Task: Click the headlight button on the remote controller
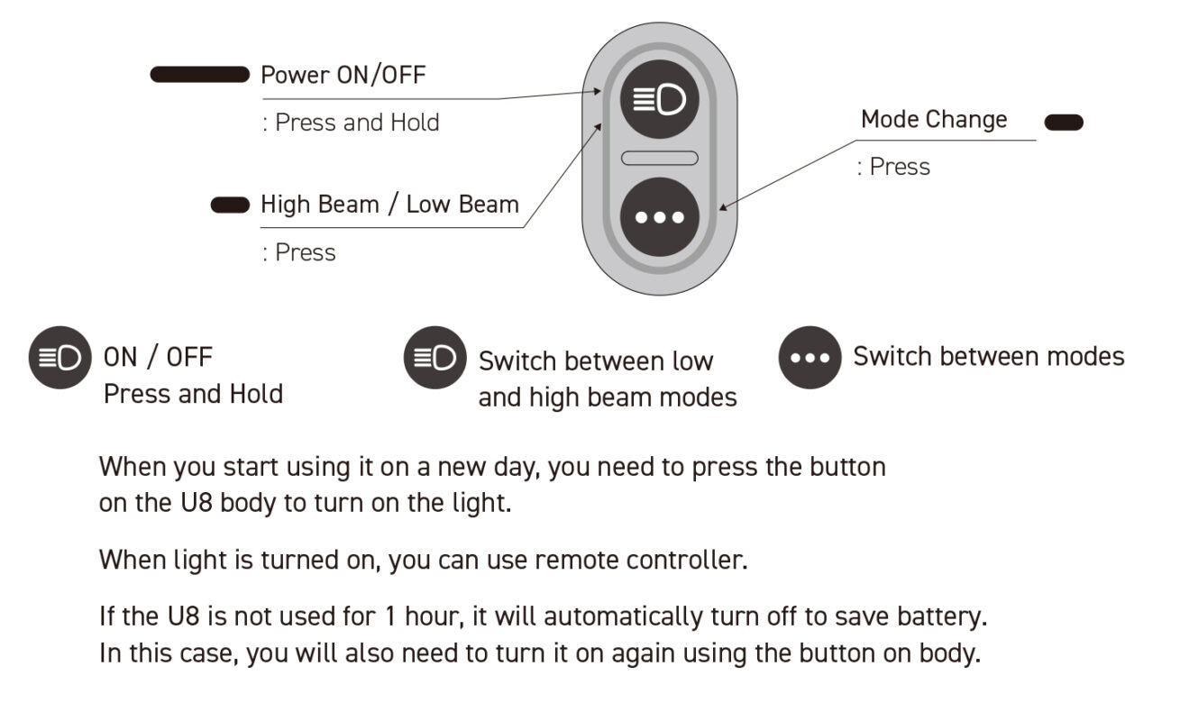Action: [x=660, y=99]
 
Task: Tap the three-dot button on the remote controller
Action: [x=660, y=217]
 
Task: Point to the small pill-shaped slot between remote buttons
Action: [x=660, y=158]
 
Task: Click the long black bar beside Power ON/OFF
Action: [x=199, y=74]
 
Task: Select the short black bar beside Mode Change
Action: [x=1064, y=123]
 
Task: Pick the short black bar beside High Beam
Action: [x=230, y=205]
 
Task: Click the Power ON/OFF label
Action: [x=343, y=75]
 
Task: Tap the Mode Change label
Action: [x=934, y=120]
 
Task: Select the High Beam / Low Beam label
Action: [x=389, y=205]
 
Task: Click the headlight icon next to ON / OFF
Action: [x=60, y=358]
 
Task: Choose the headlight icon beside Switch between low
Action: [x=435, y=358]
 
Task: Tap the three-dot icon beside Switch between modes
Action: [x=810, y=358]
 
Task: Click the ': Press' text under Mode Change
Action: [x=893, y=167]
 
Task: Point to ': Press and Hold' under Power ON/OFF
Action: [x=351, y=123]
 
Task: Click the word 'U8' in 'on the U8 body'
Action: [x=196, y=502]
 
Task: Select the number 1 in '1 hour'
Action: [x=390, y=616]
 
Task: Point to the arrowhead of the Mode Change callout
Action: [x=722, y=207]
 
